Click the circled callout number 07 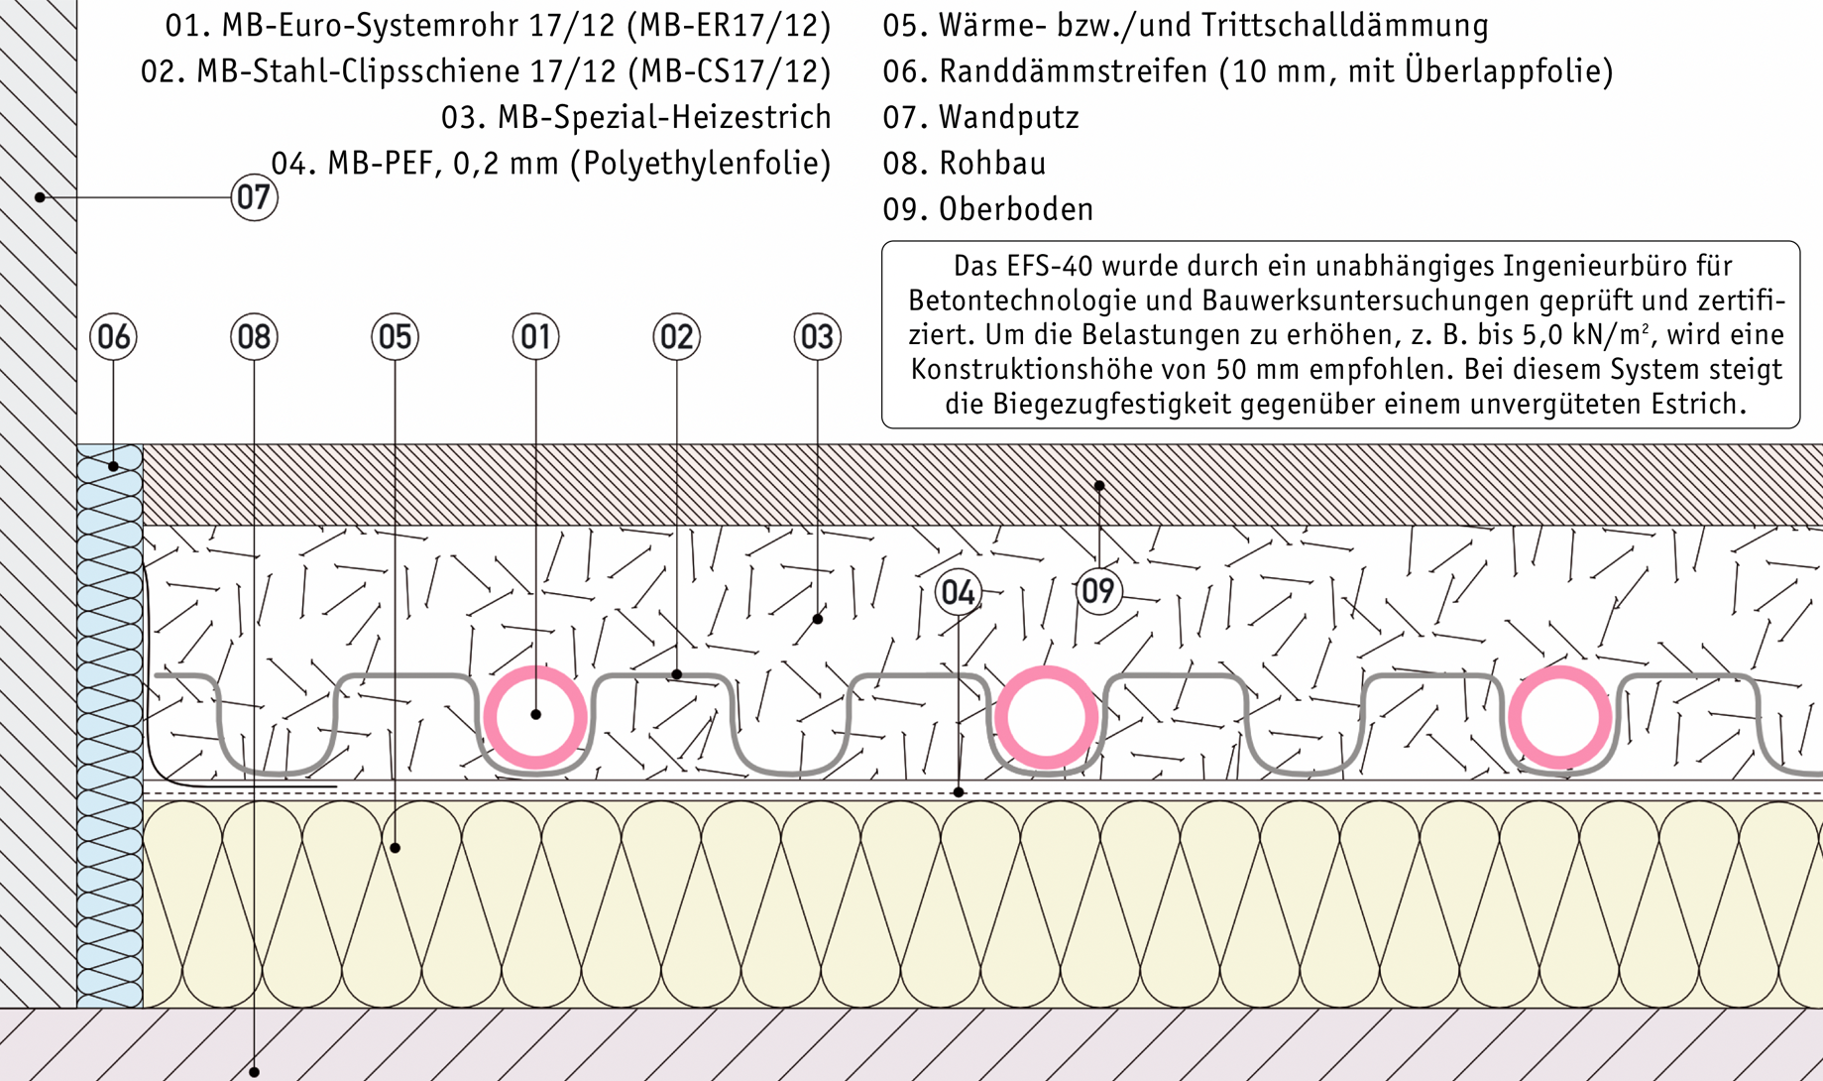click(254, 197)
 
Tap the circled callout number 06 click(113, 337)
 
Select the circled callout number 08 click(254, 337)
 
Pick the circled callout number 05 click(395, 337)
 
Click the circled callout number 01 click(535, 337)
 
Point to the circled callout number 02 click(676, 337)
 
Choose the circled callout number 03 click(817, 337)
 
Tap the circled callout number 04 click(958, 592)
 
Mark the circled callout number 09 click(1098, 591)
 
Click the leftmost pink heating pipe click(535, 670)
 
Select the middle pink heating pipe click(1046, 670)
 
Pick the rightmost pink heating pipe click(1559, 670)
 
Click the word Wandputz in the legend click(1008, 118)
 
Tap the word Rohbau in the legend click(992, 164)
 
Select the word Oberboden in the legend click(1016, 209)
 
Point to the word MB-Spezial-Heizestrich click(664, 118)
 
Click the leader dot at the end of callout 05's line click(395, 848)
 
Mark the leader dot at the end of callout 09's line click(1099, 486)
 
